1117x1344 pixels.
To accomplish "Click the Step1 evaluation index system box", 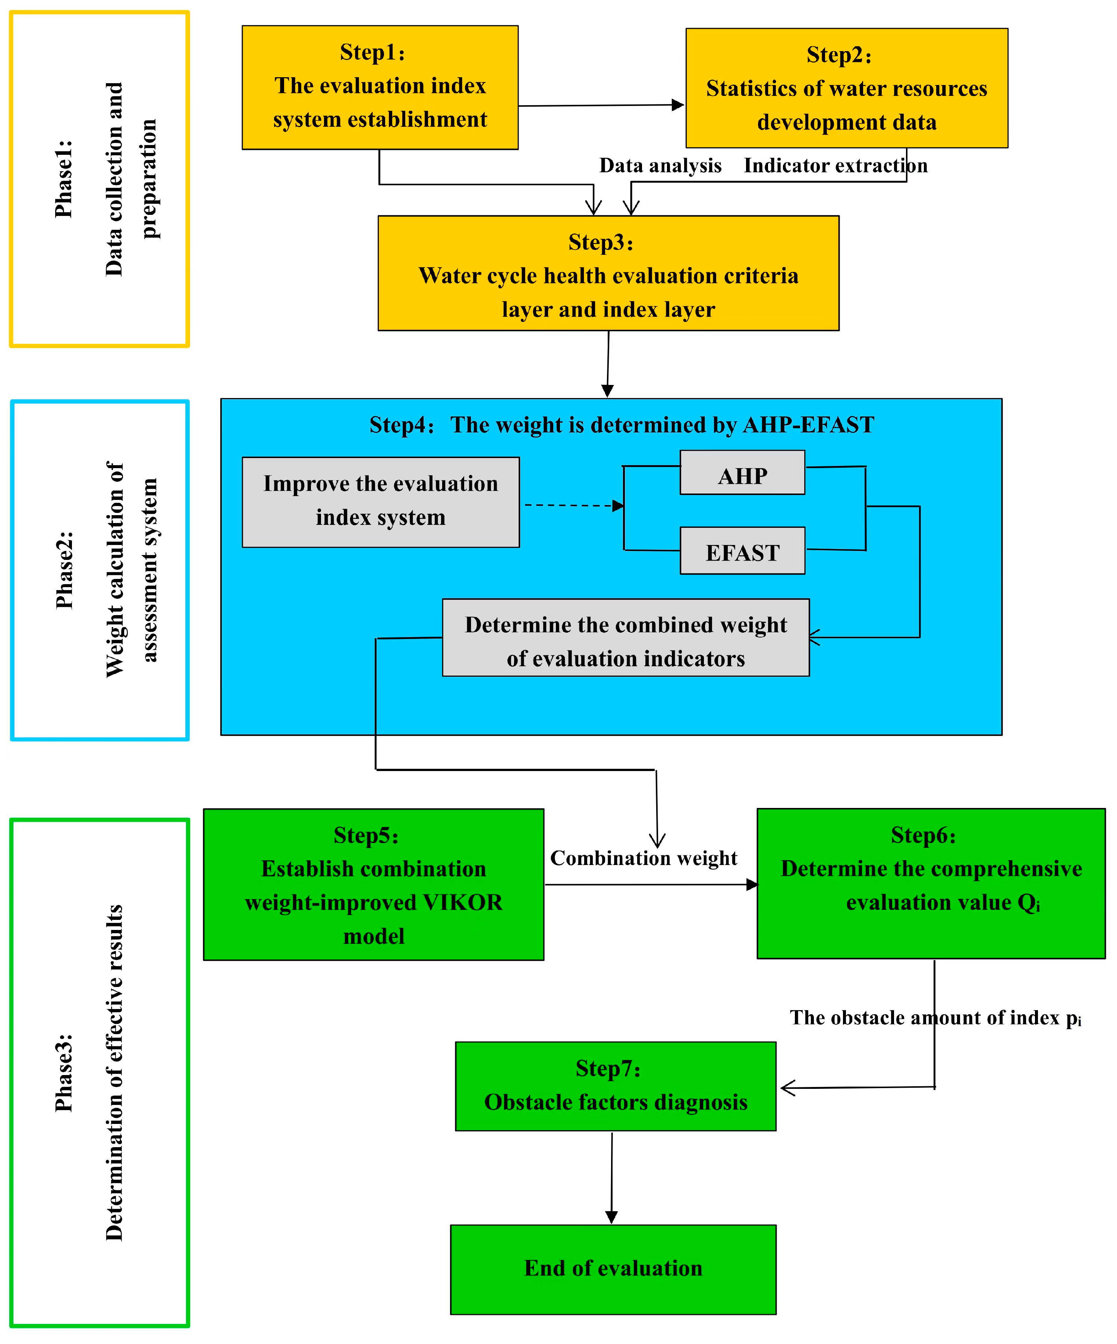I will point(380,88).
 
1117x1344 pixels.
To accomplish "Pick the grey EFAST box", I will point(742,551).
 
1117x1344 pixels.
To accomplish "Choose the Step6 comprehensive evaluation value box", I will point(931,884).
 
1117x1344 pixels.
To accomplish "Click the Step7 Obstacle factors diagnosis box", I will point(616,1086).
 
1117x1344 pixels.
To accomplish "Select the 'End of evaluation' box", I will point(613,1269).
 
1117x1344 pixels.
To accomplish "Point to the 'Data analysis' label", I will point(660,166).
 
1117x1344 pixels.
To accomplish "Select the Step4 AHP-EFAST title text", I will point(621,425).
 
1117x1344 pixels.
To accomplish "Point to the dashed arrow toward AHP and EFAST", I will point(573,505).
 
